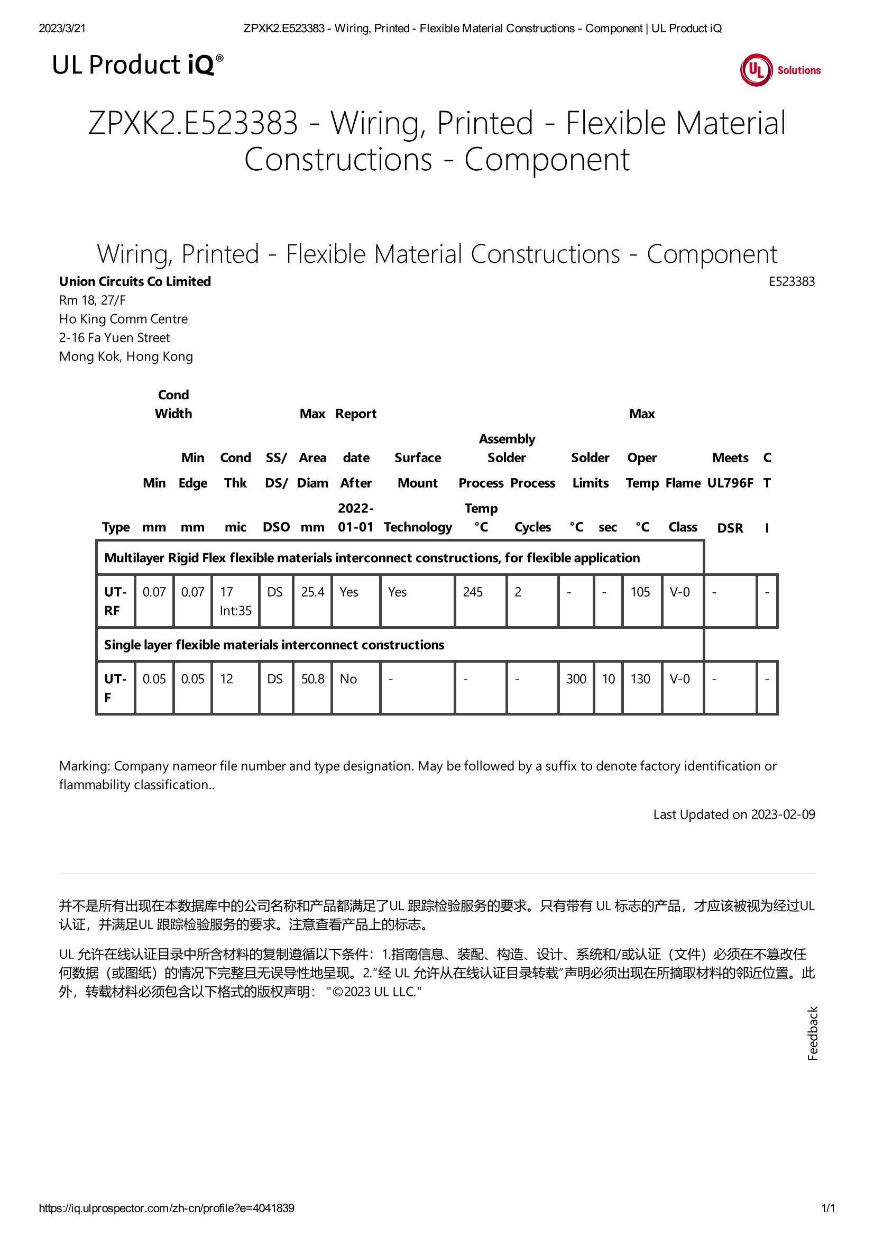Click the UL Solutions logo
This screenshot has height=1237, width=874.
coord(780,70)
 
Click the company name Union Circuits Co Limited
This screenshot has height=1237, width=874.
coord(135,281)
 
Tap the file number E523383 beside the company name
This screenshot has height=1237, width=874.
coord(791,281)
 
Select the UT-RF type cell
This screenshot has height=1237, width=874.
coord(115,601)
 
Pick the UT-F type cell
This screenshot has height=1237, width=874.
coord(115,688)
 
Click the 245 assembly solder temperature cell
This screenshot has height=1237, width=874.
coord(472,592)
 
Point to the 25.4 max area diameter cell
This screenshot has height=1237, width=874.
coord(312,592)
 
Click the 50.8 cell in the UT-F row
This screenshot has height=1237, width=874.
coord(312,679)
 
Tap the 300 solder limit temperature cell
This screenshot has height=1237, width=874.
coord(576,679)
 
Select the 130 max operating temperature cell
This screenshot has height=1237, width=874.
coord(640,679)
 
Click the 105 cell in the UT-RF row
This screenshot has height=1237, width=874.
coord(640,592)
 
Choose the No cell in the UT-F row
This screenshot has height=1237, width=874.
coord(348,679)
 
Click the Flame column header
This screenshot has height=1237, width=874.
coord(683,483)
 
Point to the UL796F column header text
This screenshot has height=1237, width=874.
coord(730,483)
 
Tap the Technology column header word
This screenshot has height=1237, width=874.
coord(418,527)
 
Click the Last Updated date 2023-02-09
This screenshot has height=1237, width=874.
coord(783,814)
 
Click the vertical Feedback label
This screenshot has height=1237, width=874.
coord(813,1033)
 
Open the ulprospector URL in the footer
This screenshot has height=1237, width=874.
coord(167,1208)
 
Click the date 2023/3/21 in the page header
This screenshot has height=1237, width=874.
coord(62,29)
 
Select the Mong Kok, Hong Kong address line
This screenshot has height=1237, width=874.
coord(126,356)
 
